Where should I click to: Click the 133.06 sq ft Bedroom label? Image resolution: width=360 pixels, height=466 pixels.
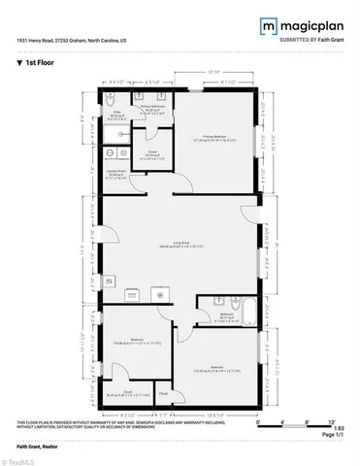138,341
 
